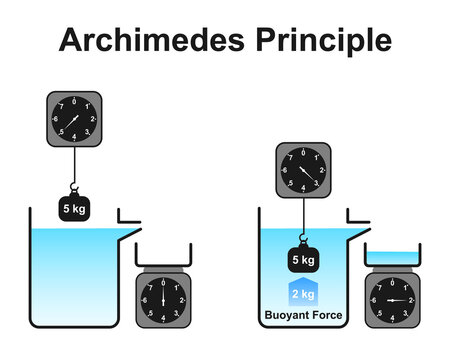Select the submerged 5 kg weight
(x=302, y=260)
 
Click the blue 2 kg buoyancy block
(x=302, y=294)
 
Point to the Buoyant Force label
(x=302, y=320)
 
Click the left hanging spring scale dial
(x=74, y=121)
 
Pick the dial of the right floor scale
(x=391, y=300)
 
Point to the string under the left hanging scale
(x=74, y=165)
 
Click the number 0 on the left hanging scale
(x=74, y=101)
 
